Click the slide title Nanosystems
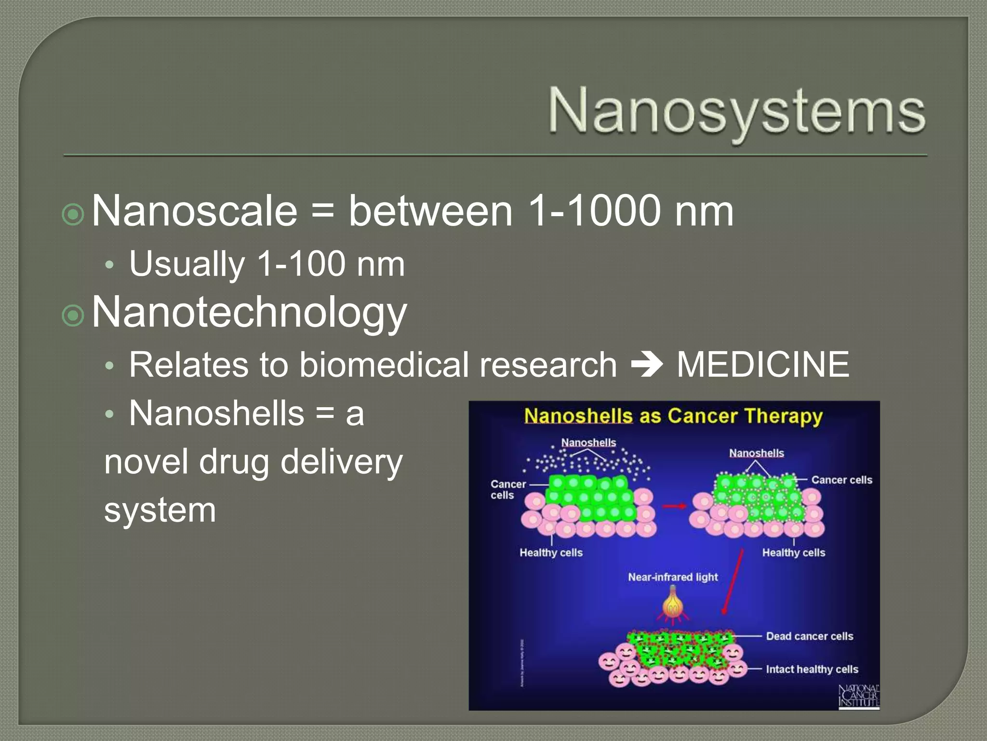click(x=736, y=111)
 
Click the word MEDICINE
click(x=763, y=365)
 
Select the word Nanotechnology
click(x=249, y=313)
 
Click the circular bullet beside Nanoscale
click(x=74, y=215)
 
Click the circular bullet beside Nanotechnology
click(x=74, y=316)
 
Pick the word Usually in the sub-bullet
click(x=187, y=264)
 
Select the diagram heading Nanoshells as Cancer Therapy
click(x=673, y=416)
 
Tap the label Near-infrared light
click(x=673, y=577)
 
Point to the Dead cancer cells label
click(x=810, y=636)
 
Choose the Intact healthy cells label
click(x=812, y=669)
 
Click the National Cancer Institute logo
click(x=859, y=696)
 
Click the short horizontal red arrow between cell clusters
click(x=674, y=506)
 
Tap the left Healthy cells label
click(x=551, y=552)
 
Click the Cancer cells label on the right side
click(x=841, y=480)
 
